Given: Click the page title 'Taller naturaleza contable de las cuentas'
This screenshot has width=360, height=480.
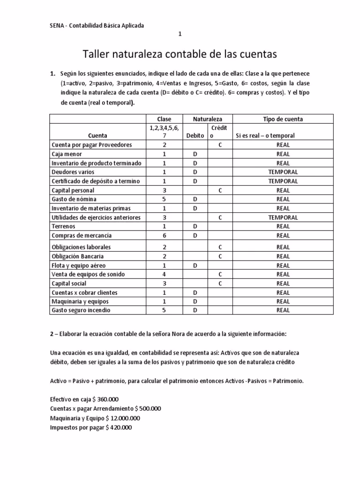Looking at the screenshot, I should point(180,55).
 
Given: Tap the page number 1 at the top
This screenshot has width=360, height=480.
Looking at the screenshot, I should point(180,34).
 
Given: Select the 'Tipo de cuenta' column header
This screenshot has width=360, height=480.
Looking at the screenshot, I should point(283,119).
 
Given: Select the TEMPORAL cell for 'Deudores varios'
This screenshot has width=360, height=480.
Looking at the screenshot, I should point(283,172).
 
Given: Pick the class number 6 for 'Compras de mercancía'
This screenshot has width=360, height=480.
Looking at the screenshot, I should point(164,236).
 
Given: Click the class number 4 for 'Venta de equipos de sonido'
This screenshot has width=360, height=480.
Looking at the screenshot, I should point(164,274).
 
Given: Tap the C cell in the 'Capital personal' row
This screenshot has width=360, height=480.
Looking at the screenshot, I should point(220,190).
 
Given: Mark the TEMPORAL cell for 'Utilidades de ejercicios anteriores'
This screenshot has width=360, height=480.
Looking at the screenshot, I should point(283,217).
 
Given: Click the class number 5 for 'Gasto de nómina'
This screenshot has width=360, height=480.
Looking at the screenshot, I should point(164,199).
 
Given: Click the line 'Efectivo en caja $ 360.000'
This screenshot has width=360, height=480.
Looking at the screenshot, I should point(84,399).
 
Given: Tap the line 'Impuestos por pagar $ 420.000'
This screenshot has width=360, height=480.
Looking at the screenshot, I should point(91,427).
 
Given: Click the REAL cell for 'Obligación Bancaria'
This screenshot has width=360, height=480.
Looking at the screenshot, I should point(283,256).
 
